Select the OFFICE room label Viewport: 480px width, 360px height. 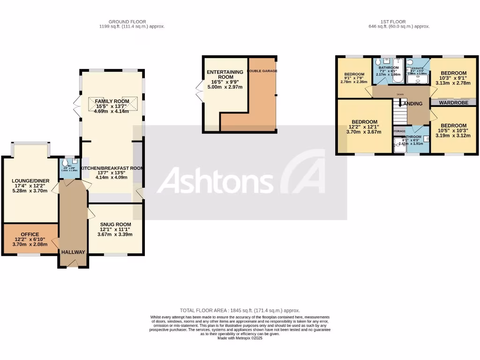click(x=30, y=234)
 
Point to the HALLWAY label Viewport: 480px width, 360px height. click(x=73, y=252)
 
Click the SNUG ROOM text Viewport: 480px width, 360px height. click(x=115, y=224)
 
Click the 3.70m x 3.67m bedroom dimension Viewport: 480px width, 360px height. click(x=364, y=133)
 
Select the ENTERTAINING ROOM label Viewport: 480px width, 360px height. click(x=225, y=75)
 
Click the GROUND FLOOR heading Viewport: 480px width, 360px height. click(x=127, y=22)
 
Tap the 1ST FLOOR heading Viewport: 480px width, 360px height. click(x=399, y=22)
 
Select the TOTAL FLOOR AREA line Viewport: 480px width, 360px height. click(x=240, y=310)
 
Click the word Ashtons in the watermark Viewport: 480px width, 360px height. click(x=217, y=180)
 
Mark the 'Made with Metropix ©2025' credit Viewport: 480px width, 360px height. click(x=240, y=338)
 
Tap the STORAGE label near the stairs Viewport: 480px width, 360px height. click(x=399, y=131)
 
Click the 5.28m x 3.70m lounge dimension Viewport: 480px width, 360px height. click(x=30, y=191)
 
